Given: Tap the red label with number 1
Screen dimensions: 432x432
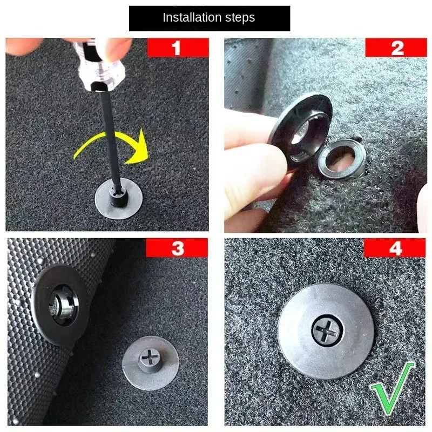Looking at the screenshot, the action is (178, 48).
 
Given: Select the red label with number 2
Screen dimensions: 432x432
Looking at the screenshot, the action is (396, 48).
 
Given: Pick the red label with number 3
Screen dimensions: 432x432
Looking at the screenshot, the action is (177, 248).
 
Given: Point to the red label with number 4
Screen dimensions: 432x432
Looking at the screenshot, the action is (395, 248).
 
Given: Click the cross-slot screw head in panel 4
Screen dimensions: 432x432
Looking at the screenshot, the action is (327, 329).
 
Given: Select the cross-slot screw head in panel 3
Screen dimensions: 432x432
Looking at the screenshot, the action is (150, 358).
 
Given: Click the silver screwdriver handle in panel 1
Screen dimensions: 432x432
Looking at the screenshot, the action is (99, 66).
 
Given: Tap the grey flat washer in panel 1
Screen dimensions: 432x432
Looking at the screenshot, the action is (119, 199).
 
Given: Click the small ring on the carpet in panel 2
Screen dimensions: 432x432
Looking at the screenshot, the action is (342, 159).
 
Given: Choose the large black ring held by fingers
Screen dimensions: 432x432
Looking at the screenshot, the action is (301, 130).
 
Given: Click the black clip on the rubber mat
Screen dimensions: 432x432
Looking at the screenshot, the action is (60, 305).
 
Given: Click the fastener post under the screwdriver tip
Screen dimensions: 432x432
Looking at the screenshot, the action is (119, 196).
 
